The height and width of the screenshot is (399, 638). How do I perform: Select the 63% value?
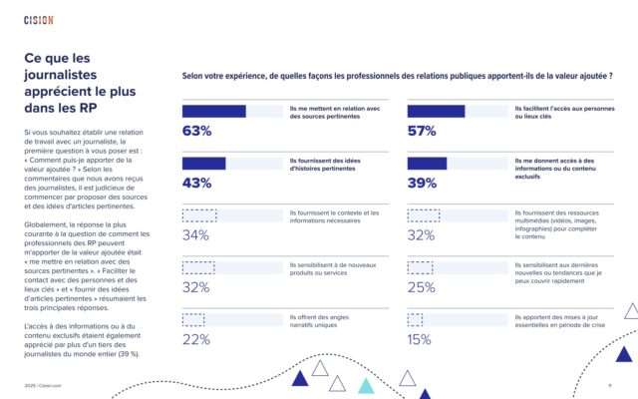click(x=196, y=131)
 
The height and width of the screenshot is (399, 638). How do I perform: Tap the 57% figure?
click(x=422, y=131)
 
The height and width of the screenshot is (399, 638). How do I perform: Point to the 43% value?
click(x=196, y=184)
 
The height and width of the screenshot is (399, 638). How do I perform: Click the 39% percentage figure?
click(x=422, y=184)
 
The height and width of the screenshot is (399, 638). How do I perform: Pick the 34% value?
click(x=195, y=235)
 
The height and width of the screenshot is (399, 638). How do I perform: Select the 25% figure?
click(x=422, y=288)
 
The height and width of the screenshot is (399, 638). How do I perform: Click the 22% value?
click(x=195, y=340)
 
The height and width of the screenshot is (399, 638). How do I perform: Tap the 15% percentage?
click(x=420, y=340)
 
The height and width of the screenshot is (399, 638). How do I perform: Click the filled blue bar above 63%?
click(x=213, y=111)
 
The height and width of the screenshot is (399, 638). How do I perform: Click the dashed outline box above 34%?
click(x=199, y=215)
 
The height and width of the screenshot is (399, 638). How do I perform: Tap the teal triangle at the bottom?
click(x=367, y=385)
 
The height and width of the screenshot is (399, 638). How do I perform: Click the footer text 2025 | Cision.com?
click(x=44, y=387)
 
